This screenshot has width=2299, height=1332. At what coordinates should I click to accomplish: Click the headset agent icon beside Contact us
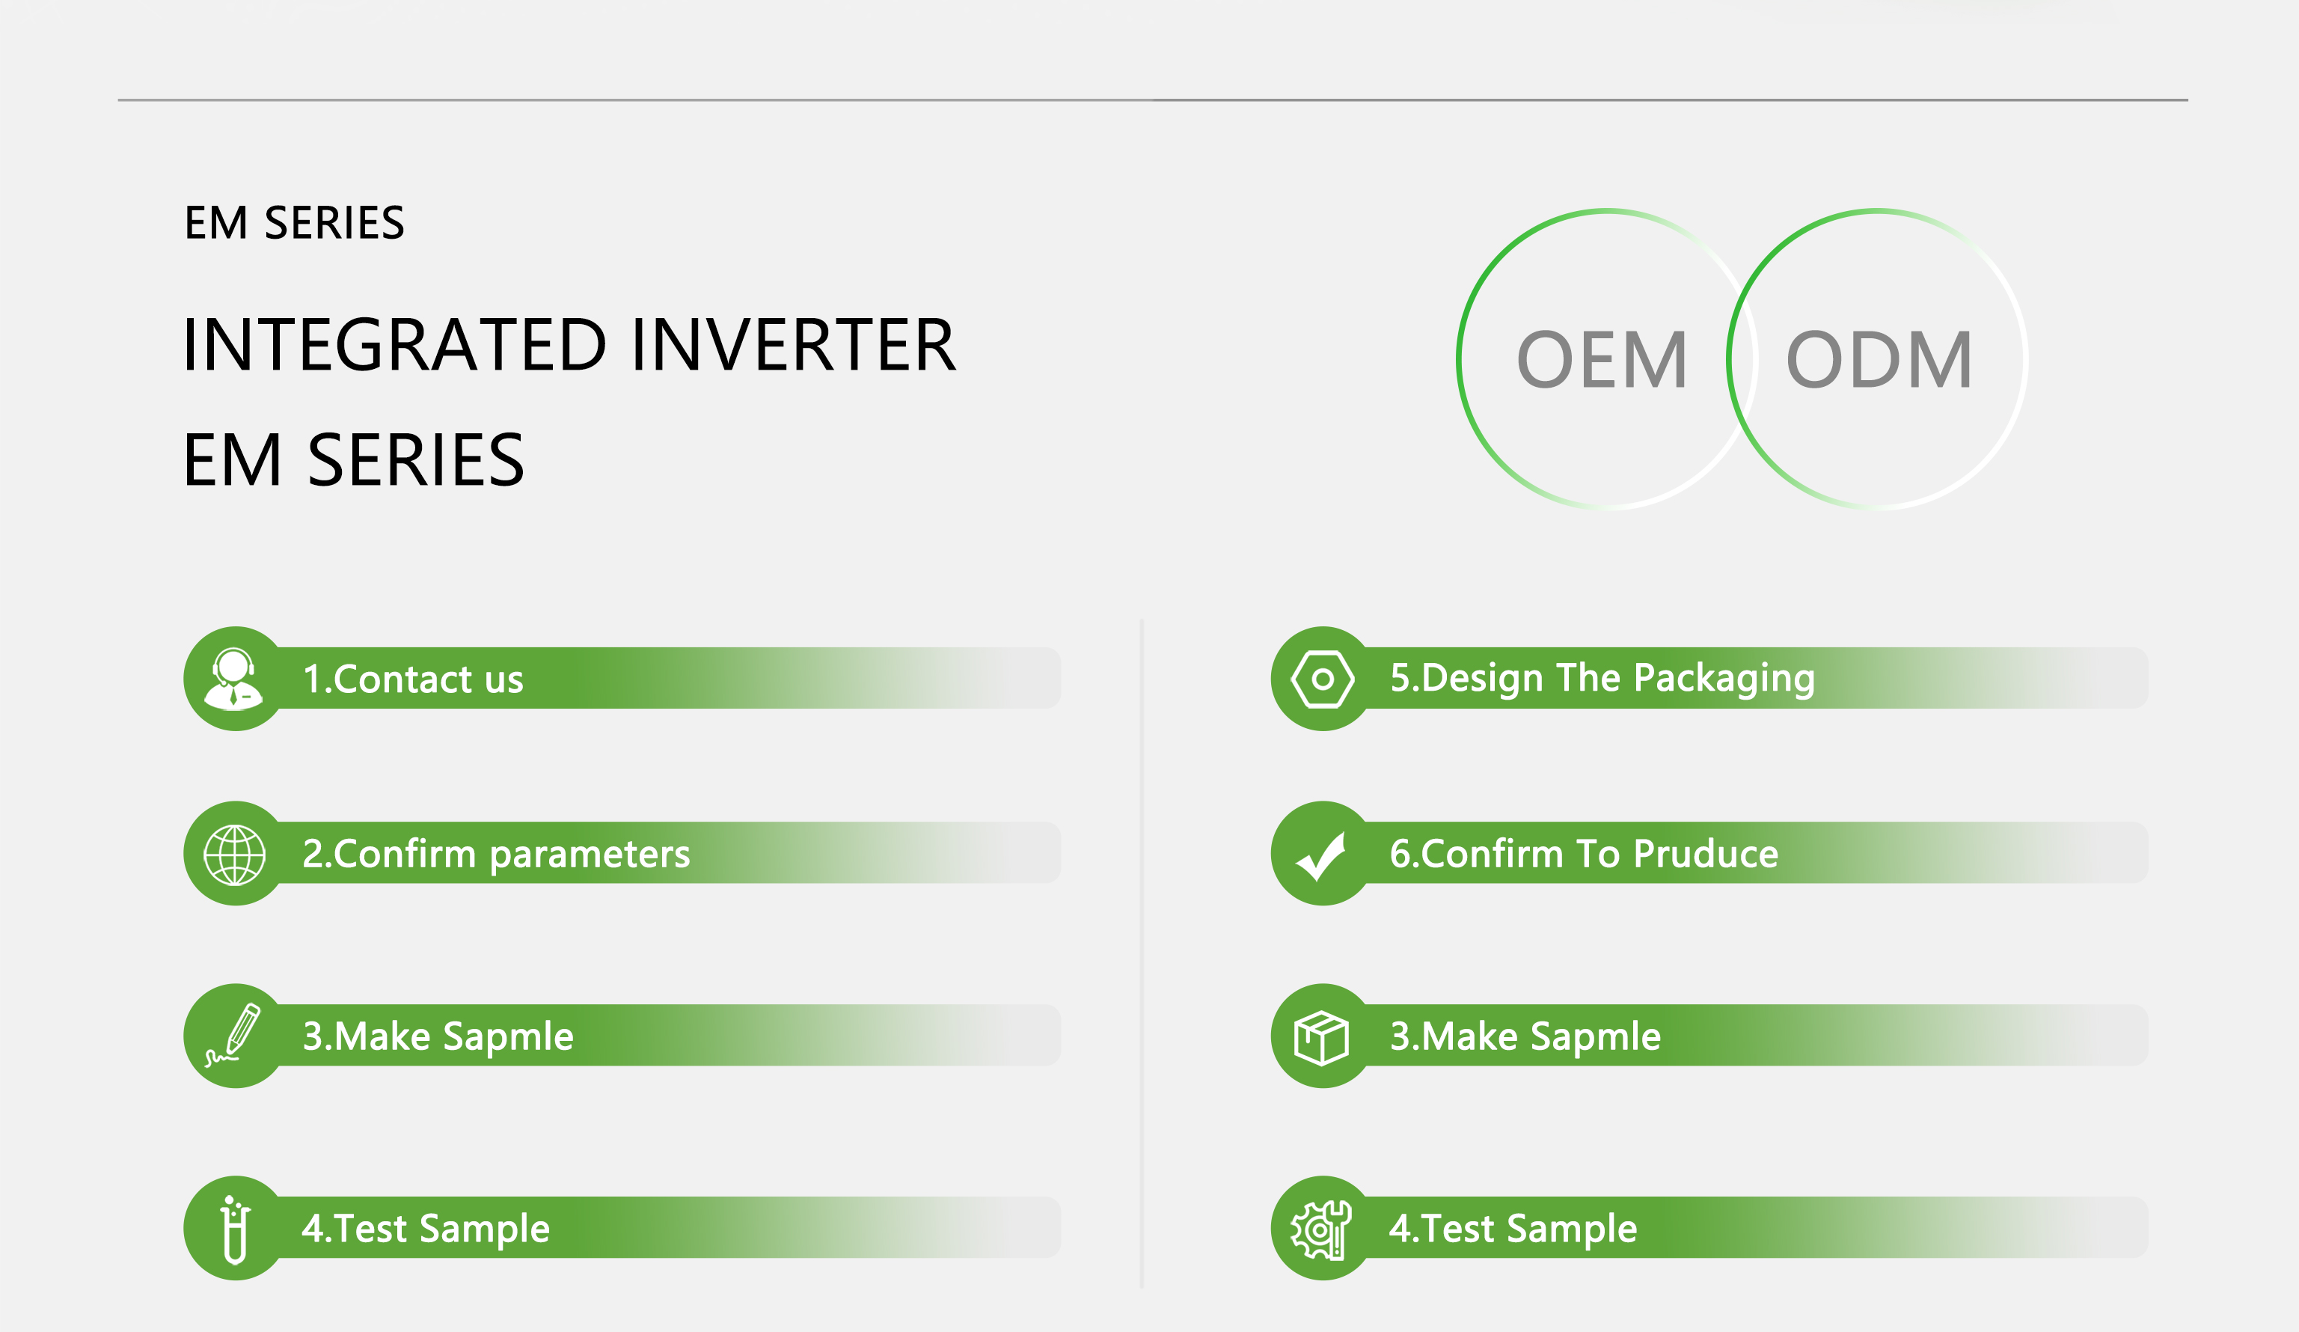pos(233,678)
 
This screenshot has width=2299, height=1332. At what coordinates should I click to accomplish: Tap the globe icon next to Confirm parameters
pos(234,855)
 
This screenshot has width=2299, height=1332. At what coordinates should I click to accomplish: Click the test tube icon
pos(234,1229)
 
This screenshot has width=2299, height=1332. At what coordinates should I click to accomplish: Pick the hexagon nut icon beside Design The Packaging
pos(1322,679)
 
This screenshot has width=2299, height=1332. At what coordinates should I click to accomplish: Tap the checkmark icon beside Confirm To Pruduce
pos(1321,856)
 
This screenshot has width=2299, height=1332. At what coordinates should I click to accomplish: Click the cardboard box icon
pos(1321,1037)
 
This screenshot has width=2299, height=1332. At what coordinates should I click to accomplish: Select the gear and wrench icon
pos(1320,1229)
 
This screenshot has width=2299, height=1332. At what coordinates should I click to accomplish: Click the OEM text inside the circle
pos(1602,359)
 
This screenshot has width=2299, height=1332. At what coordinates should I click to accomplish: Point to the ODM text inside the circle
pos(1879,359)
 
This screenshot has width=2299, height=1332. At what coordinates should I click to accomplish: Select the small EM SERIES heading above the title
pos(294,222)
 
